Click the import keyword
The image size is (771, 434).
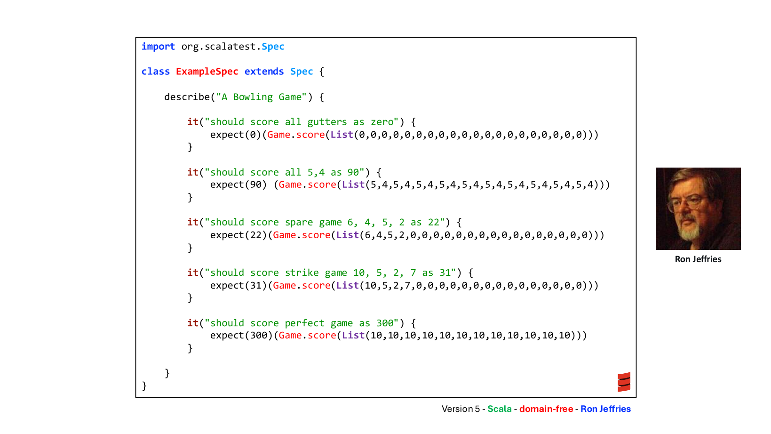point(158,47)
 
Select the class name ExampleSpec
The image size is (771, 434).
point(207,72)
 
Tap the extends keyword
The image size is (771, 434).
point(264,72)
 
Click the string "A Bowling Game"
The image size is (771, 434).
point(261,97)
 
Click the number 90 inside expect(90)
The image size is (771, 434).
point(256,185)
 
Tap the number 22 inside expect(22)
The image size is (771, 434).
point(256,235)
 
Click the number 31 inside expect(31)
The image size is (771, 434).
point(256,286)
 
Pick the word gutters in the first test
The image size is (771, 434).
point(327,122)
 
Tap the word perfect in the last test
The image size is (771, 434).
point(304,323)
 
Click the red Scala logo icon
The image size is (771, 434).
point(624,382)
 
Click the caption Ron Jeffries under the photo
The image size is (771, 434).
point(698,259)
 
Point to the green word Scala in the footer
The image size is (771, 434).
point(500,409)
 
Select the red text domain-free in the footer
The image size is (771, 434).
point(546,409)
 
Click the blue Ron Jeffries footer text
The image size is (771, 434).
point(606,409)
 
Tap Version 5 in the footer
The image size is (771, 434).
point(461,409)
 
